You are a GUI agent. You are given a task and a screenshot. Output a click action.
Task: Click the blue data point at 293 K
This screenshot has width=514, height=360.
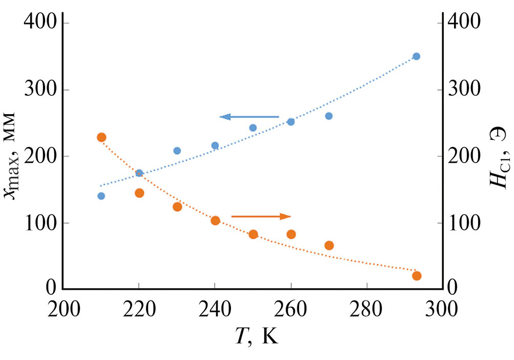click(x=416, y=56)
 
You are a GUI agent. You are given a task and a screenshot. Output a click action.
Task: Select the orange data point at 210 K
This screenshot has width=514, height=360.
click(x=101, y=137)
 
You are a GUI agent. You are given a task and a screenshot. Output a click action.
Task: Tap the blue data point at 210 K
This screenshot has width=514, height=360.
click(x=101, y=196)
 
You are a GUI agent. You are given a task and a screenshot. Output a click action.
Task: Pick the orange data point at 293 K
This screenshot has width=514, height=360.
click(x=417, y=276)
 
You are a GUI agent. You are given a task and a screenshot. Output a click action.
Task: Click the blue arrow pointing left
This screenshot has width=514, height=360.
click(x=249, y=117)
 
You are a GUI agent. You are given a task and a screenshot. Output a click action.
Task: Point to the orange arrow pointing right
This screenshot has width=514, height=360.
click(x=261, y=217)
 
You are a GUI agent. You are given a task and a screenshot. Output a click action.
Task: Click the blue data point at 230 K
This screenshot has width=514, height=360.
click(x=177, y=151)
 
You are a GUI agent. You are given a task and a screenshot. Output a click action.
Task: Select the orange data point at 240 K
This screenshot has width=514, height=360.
click(x=215, y=220)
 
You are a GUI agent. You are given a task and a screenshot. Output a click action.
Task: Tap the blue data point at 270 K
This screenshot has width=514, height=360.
click(x=329, y=116)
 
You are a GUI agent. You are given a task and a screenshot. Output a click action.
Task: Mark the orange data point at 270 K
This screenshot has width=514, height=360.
click(x=329, y=245)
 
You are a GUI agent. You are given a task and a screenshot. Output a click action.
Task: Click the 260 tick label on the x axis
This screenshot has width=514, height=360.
click(x=291, y=312)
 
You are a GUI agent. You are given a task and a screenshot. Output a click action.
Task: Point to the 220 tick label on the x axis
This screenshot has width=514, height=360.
click(x=139, y=312)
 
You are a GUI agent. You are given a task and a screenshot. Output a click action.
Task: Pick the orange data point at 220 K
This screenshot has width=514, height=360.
click(x=139, y=193)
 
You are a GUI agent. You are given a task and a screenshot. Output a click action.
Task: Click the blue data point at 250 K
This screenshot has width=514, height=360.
click(x=253, y=128)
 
